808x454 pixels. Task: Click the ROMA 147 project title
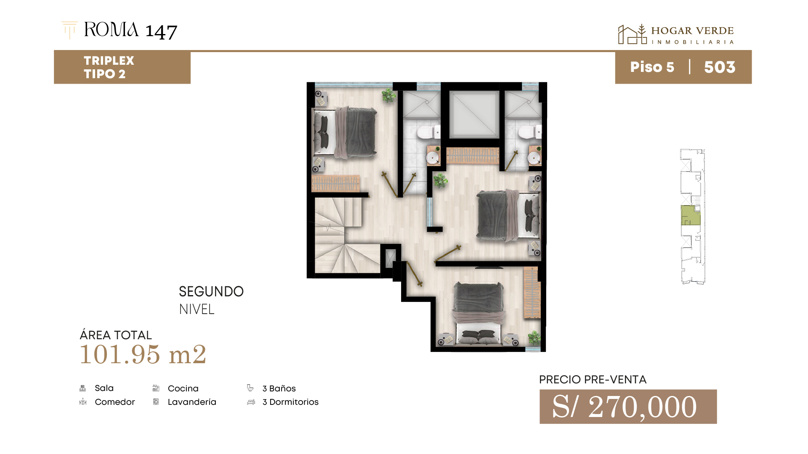tap(130, 30)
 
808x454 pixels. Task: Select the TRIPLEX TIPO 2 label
tap(109, 67)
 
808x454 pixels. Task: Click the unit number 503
tap(720, 67)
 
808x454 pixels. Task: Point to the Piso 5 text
tap(652, 67)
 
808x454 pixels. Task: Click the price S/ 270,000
tap(625, 406)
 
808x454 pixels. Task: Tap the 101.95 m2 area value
tap(143, 354)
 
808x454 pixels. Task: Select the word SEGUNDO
tap(211, 291)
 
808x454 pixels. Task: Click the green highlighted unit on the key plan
tap(691, 215)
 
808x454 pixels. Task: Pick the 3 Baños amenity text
tap(279, 388)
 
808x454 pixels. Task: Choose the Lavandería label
tap(192, 402)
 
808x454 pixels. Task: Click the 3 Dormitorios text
tap(290, 402)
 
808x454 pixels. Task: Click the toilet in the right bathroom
tap(529, 132)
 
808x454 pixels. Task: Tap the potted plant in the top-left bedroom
tap(389, 95)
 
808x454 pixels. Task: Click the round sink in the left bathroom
tap(432, 158)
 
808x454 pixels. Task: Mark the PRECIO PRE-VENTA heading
tap(593, 380)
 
